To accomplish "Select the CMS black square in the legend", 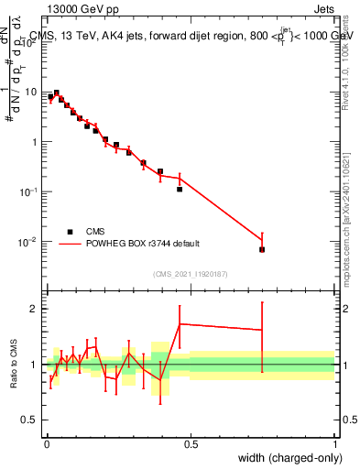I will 69,232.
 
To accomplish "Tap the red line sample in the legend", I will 69,244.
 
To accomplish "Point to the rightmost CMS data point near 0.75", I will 262,249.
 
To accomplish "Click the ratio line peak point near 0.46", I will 180,324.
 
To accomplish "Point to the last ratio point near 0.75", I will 262,331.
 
